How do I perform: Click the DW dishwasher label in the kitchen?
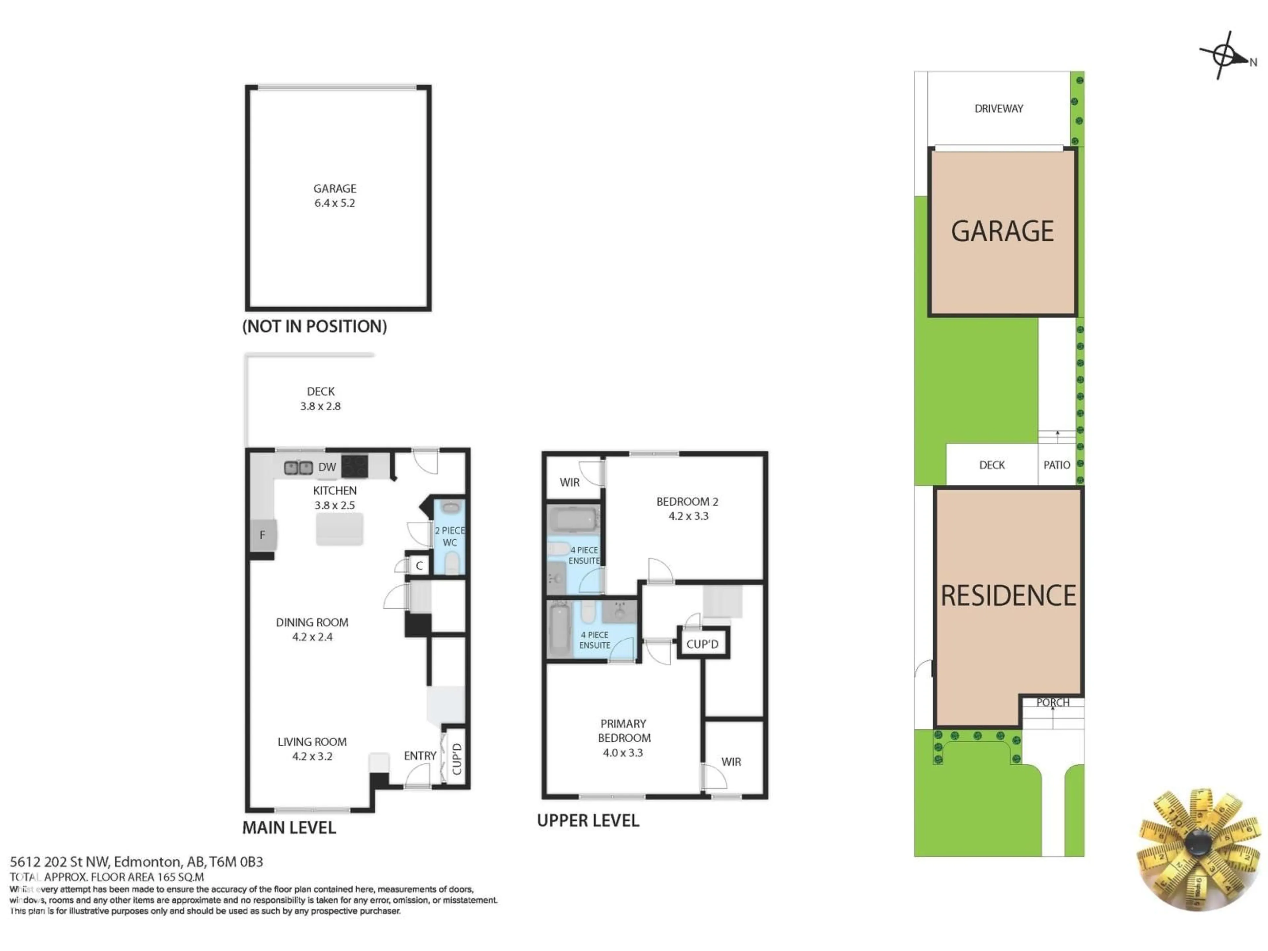(327, 467)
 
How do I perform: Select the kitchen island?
(339, 529)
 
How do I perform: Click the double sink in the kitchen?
(298, 468)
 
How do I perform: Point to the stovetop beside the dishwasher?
(354, 466)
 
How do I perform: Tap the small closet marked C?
(419, 566)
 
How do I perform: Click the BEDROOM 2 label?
(687, 502)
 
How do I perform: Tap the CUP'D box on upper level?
(702, 644)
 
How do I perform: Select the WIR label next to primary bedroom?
(731, 762)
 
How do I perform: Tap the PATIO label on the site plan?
(1056, 465)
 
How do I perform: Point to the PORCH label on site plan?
(1052, 702)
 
